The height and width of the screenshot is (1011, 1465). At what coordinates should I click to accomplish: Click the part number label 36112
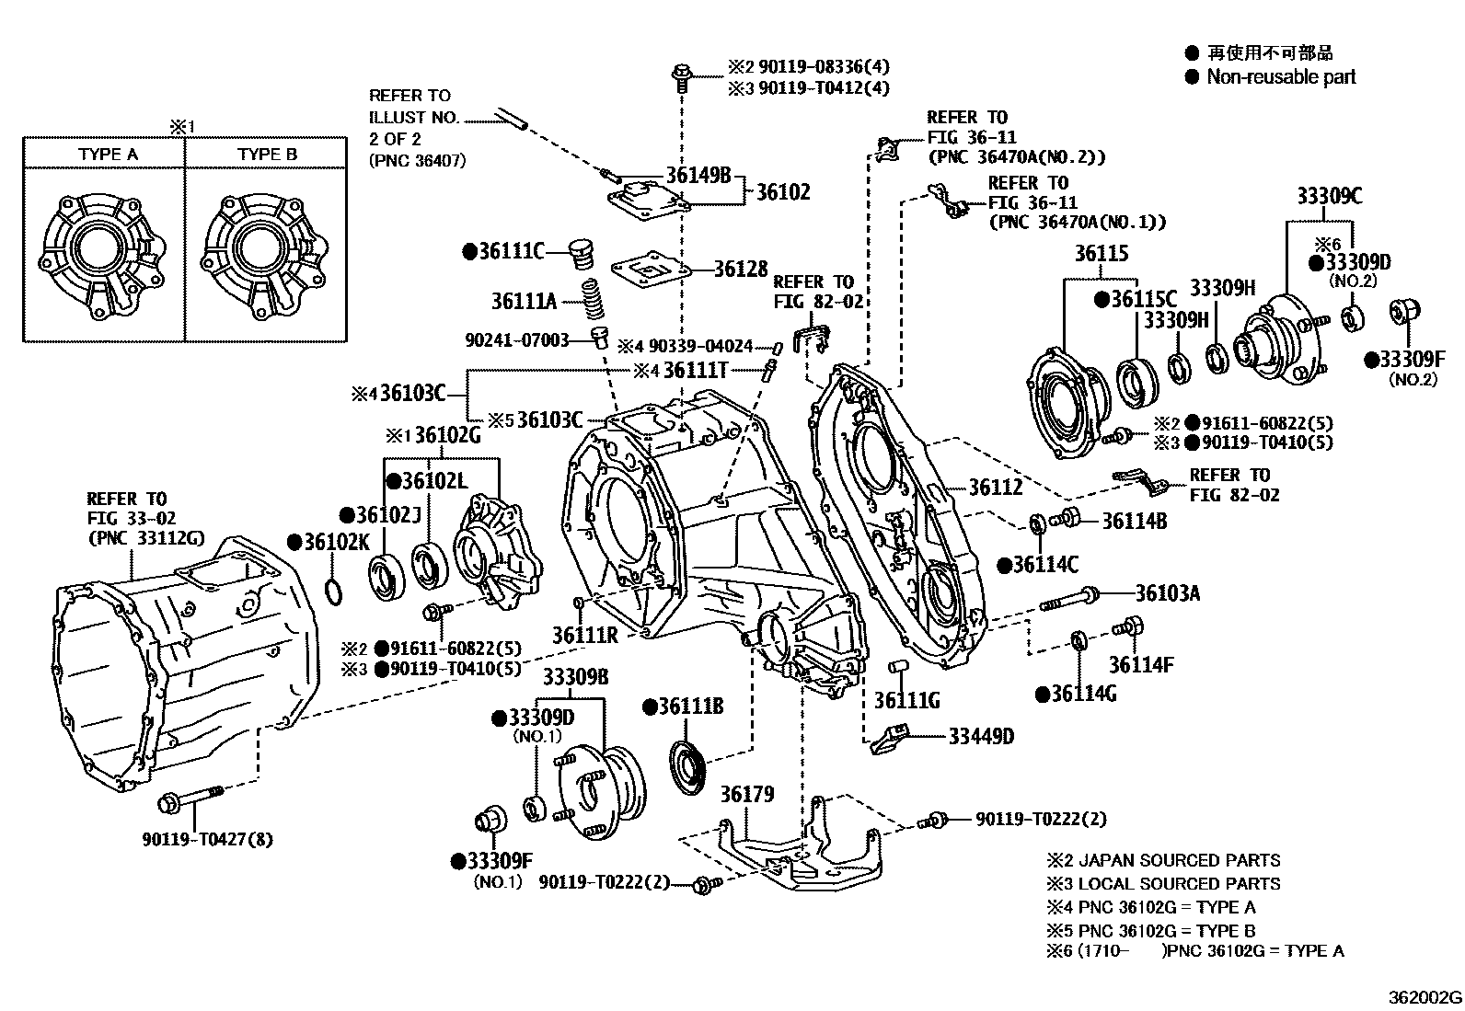[x=996, y=488]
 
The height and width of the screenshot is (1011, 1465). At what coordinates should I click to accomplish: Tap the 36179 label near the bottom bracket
[x=746, y=793]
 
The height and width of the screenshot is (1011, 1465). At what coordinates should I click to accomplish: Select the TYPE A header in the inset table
[x=108, y=155]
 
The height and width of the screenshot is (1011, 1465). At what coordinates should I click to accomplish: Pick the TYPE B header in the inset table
[x=267, y=155]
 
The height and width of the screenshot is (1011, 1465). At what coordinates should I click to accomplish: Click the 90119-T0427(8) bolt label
[x=207, y=839]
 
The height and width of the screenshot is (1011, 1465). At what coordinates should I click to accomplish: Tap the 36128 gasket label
[x=741, y=269]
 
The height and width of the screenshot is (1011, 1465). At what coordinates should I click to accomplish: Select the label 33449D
[x=981, y=736]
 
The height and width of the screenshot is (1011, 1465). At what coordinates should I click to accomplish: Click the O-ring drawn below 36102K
[x=336, y=589]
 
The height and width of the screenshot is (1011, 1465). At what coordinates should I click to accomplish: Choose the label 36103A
[x=1167, y=593]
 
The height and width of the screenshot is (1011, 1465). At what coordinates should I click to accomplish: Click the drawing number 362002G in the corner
[x=1425, y=997]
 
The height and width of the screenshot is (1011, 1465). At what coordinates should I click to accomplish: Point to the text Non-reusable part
[x=1281, y=77]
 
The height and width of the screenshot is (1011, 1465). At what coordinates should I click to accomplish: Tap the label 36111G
[x=906, y=701]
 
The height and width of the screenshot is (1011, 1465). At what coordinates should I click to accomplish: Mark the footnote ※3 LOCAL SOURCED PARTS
[x=1163, y=883]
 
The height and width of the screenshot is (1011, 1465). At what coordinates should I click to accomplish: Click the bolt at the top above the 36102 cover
[x=681, y=75]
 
